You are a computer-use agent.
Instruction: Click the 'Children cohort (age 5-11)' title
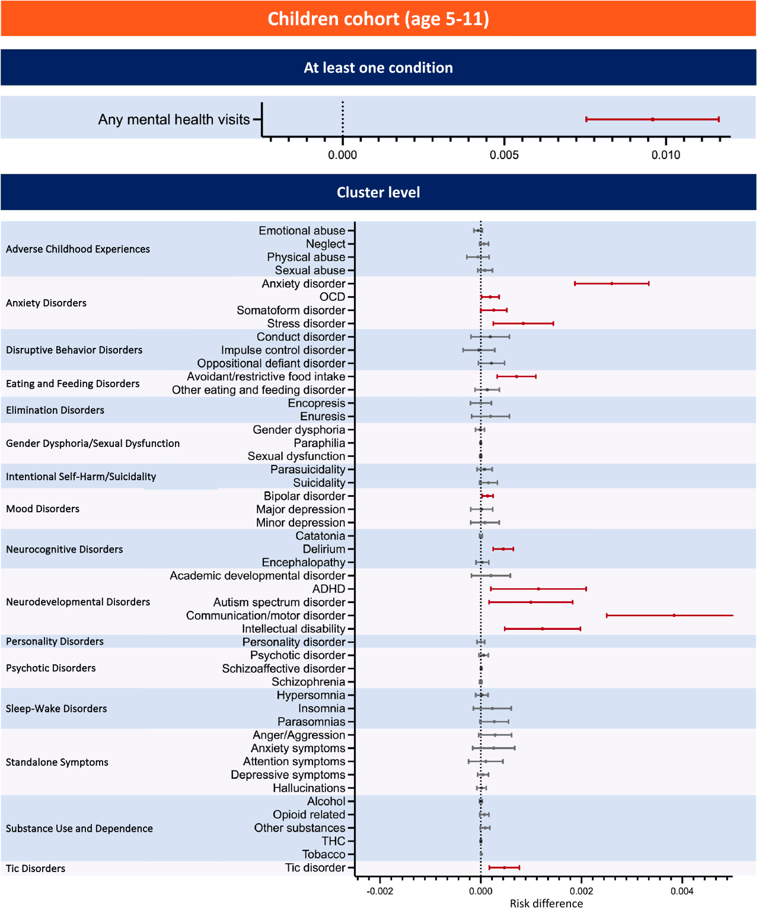pyautogui.click(x=378, y=19)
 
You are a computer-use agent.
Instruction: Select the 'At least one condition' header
pyautogui.click(x=378, y=68)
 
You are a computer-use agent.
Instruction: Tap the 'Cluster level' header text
pyautogui.click(x=378, y=192)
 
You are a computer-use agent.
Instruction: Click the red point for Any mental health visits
pyautogui.click(x=652, y=119)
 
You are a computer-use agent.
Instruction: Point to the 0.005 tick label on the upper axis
pyautogui.click(x=504, y=155)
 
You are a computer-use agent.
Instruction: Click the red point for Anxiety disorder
pyautogui.click(x=611, y=284)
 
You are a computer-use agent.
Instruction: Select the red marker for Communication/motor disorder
pyautogui.click(x=674, y=615)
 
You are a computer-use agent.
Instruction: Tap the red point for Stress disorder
pyautogui.click(x=523, y=324)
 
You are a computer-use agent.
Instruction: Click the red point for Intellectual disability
pyautogui.click(x=543, y=629)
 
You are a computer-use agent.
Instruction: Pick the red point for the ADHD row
pyautogui.click(x=538, y=589)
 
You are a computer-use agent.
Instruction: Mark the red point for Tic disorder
pyautogui.click(x=504, y=867)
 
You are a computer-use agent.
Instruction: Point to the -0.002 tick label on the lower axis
pyautogui.click(x=379, y=891)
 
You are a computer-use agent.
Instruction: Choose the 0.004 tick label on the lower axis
pyautogui.click(x=682, y=891)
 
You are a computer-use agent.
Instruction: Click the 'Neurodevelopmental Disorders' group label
pyautogui.click(x=78, y=602)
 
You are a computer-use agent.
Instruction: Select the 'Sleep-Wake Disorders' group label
pyautogui.click(x=56, y=709)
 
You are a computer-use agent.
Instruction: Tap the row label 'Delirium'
pyautogui.click(x=324, y=549)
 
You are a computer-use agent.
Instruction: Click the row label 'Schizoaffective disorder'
pyautogui.click(x=283, y=668)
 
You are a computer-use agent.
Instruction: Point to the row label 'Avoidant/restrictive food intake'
pyautogui.click(x=266, y=376)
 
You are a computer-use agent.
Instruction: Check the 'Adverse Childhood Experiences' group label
pyautogui.click(x=78, y=249)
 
